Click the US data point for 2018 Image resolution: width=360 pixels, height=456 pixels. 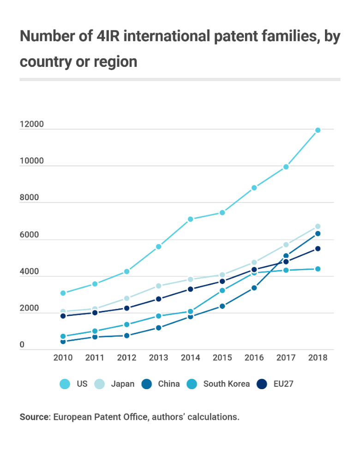click(x=318, y=130)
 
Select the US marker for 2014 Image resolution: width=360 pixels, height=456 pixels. click(x=190, y=219)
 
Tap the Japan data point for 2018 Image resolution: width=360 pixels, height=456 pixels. click(x=318, y=226)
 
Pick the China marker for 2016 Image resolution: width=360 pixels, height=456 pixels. click(x=254, y=288)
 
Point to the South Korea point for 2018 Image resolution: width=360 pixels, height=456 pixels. click(x=318, y=269)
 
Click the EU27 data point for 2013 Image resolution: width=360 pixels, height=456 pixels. click(x=158, y=299)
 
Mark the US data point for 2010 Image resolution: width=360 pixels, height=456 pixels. click(x=63, y=293)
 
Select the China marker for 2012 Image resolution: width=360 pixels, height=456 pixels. click(x=126, y=335)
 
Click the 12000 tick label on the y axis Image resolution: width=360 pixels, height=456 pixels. click(x=31, y=124)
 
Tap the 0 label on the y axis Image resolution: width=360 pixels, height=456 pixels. click(x=22, y=345)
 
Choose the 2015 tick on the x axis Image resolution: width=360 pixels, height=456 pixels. click(x=222, y=358)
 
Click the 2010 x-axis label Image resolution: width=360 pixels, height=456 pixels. click(x=63, y=358)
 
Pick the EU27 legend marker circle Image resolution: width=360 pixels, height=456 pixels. click(x=262, y=384)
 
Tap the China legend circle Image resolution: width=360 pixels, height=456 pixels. click(x=147, y=384)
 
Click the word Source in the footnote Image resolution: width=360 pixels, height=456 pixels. click(x=34, y=417)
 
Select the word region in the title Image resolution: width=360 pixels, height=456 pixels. click(x=116, y=61)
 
